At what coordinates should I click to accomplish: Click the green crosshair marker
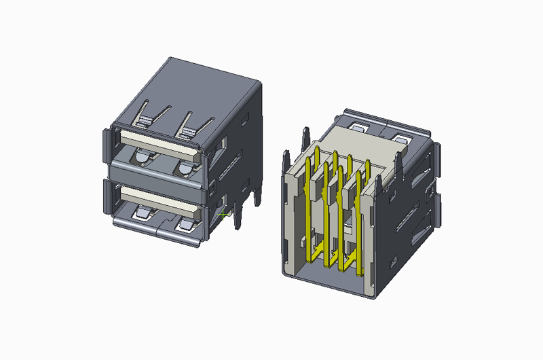tap(224, 215)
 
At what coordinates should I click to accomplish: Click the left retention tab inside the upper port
tap(142, 158)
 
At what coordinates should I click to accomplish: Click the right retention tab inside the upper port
tap(183, 165)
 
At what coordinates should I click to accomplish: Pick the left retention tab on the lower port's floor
tap(144, 215)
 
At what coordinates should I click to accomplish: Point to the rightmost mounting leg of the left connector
tap(257, 197)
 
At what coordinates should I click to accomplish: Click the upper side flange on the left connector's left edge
tap(106, 145)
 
